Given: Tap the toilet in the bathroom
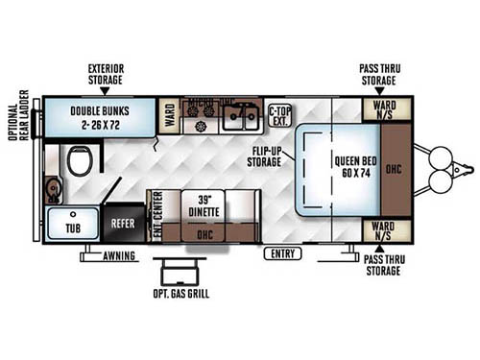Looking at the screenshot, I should pos(80,161).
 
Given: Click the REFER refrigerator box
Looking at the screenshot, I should pos(122,224).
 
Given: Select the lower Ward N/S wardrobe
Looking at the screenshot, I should pos(384,230).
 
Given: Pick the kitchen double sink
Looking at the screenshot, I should pos(239,117).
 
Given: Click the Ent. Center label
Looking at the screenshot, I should pos(157,216).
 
